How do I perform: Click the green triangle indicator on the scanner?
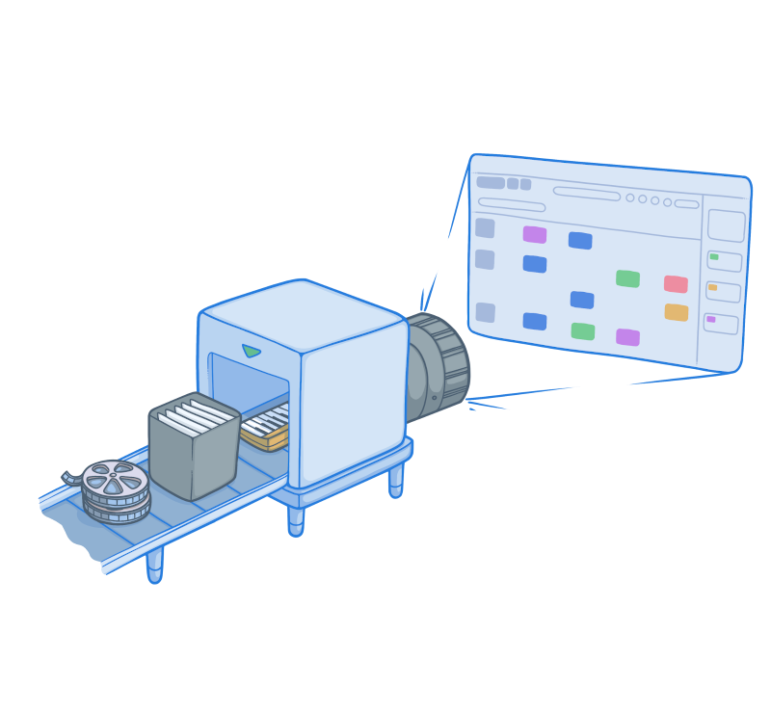click(x=252, y=351)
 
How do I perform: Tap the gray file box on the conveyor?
click(x=193, y=458)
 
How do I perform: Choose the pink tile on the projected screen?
click(x=676, y=284)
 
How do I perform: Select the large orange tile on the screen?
click(x=676, y=312)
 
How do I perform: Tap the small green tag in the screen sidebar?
click(x=714, y=257)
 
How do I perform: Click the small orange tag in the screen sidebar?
click(x=713, y=287)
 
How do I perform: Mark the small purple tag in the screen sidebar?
click(x=711, y=319)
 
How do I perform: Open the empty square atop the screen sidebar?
click(x=726, y=225)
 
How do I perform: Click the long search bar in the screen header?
click(x=586, y=194)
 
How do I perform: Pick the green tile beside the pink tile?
click(x=627, y=278)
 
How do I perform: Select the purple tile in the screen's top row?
click(x=534, y=234)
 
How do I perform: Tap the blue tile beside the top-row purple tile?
click(x=579, y=240)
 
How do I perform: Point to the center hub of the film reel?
click(x=114, y=477)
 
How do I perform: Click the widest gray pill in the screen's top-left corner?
click(x=491, y=182)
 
